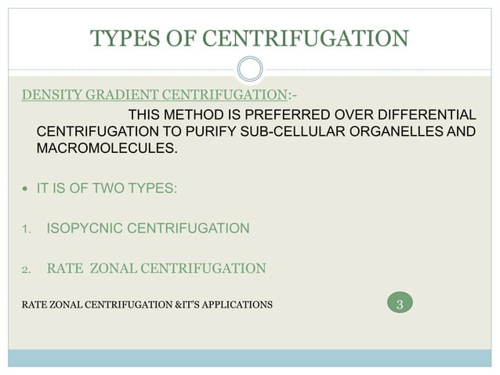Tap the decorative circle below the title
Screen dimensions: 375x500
(x=250, y=68)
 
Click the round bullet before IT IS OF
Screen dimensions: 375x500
(x=26, y=189)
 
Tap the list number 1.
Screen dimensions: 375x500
(x=26, y=231)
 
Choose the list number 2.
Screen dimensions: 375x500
(x=26, y=271)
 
